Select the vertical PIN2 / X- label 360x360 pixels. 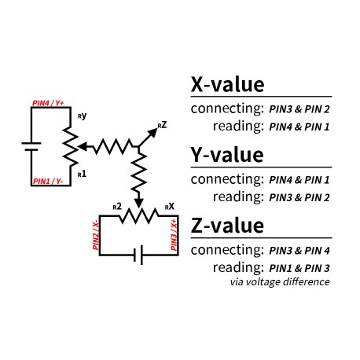(x=96, y=235)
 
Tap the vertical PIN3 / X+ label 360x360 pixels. (x=174, y=235)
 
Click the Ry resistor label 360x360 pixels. (x=83, y=116)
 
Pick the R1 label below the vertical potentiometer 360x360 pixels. (x=83, y=171)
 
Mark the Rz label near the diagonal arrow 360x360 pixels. (x=161, y=124)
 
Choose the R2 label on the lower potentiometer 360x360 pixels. (x=116, y=207)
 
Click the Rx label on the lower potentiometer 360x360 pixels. (x=169, y=207)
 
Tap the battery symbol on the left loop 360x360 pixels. (x=31, y=145)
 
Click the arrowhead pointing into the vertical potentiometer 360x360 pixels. (x=83, y=145)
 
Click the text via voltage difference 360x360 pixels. (x=279, y=281)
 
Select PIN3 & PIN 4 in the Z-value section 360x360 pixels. (x=299, y=251)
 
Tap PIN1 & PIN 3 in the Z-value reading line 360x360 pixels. (x=299, y=268)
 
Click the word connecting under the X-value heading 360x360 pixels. (x=227, y=108)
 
